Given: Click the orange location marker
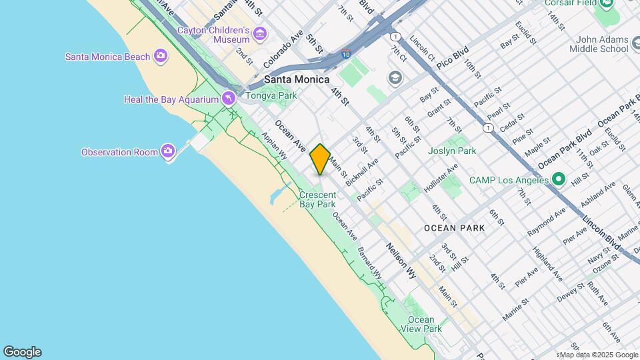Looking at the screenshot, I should tap(320, 159).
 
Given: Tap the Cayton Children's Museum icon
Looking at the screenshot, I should tap(260, 33).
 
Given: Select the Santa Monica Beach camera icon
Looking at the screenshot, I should tap(160, 56).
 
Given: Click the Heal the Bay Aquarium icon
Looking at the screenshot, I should tap(229, 99).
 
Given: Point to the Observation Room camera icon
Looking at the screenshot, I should tap(167, 152).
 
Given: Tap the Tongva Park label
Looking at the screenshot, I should tap(271, 95).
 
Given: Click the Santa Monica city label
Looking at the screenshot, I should tap(297, 79).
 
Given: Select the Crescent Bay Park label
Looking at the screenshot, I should tap(317, 200).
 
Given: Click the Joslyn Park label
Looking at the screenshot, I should tap(452, 151).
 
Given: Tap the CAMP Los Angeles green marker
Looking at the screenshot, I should tap(558, 179).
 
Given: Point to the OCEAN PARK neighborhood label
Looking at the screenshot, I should tap(454, 228).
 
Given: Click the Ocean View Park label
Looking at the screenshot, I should tap(421, 325).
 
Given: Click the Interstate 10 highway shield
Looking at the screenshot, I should tap(346, 52).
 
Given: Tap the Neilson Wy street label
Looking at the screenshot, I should tap(402, 260).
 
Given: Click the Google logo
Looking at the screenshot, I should tap(22, 352).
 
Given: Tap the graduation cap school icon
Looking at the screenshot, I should tap(395, 78).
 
